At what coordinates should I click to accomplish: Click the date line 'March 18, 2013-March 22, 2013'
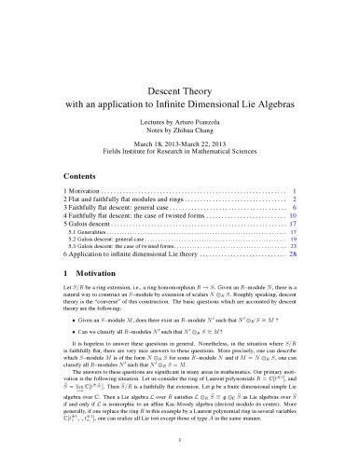(x=180, y=130)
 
